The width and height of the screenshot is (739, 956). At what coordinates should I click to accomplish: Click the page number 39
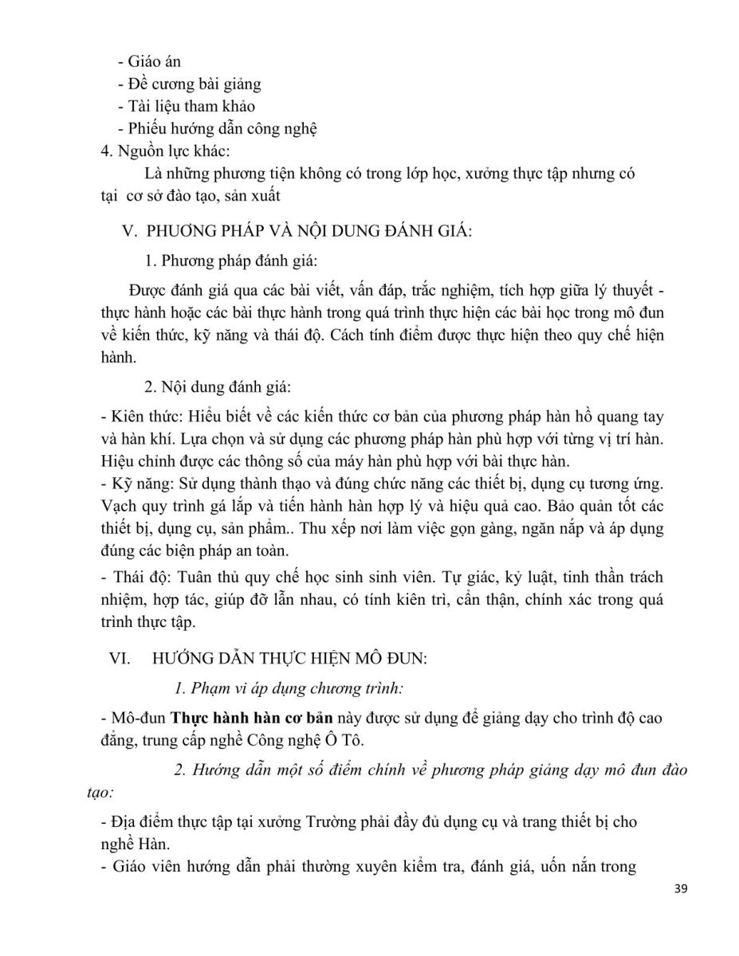[x=679, y=913]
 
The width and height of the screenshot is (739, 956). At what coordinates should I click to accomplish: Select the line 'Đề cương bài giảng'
[x=194, y=84]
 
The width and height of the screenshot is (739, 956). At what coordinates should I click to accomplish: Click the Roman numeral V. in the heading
[x=128, y=232]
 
